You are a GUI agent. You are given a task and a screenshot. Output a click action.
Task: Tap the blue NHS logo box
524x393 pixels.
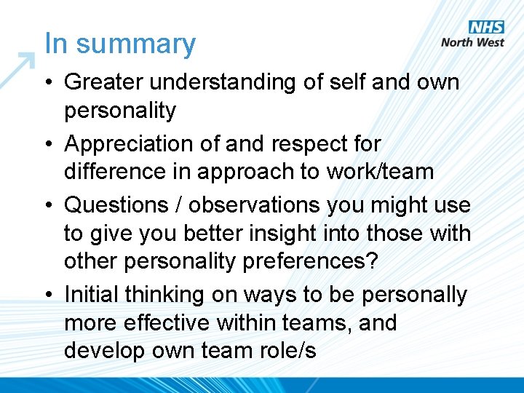(486, 28)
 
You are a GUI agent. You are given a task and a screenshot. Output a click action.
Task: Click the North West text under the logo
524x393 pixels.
(472, 42)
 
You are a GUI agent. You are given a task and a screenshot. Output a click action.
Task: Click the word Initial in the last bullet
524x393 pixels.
(92, 295)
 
